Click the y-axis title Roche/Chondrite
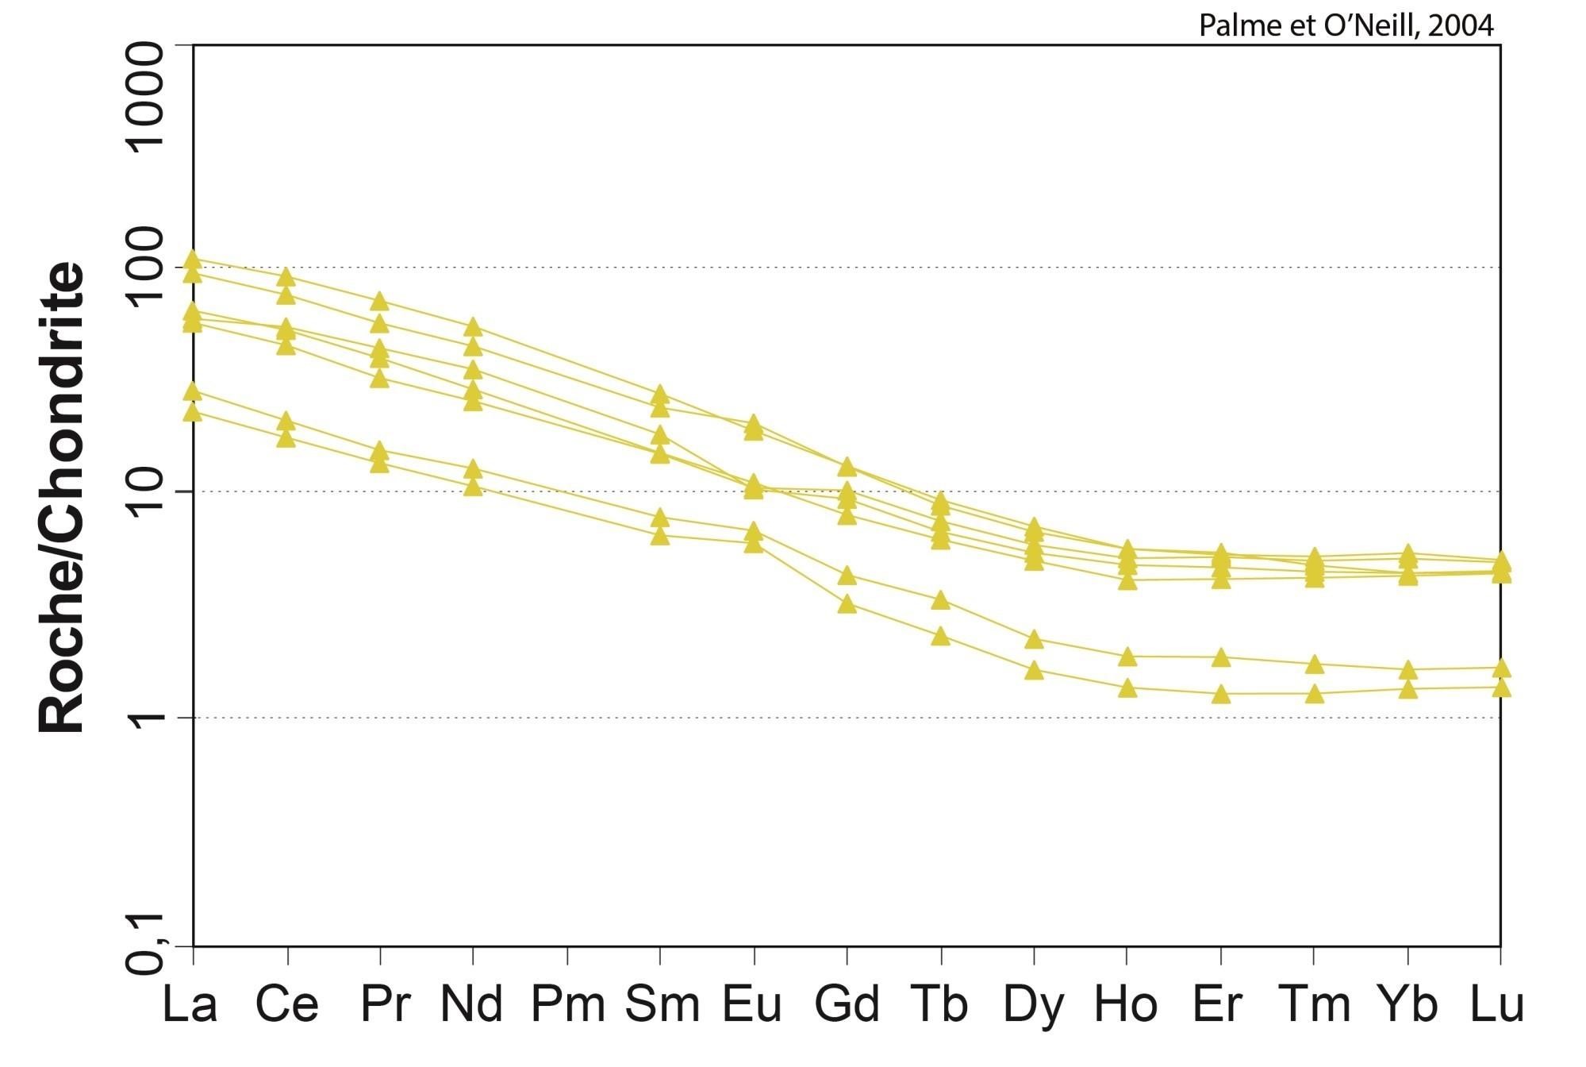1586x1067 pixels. (x=62, y=497)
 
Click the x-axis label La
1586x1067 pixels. (x=190, y=1003)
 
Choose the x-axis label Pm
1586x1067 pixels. (x=567, y=1003)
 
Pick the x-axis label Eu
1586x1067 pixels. (x=752, y=1003)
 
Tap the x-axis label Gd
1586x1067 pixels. (x=847, y=1003)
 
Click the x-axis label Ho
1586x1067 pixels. (x=1126, y=1003)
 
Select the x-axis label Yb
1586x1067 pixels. (x=1407, y=1003)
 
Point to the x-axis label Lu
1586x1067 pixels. (x=1497, y=1003)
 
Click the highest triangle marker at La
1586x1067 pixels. (x=193, y=259)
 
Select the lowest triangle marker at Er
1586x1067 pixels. (x=1221, y=695)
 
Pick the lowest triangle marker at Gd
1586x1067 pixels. (x=847, y=605)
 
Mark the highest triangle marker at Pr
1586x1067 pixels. (x=380, y=301)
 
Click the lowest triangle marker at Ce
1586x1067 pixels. (x=286, y=438)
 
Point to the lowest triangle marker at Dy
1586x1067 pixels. (x=1034, y=671)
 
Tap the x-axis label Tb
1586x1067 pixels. (x=940, y=1003)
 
